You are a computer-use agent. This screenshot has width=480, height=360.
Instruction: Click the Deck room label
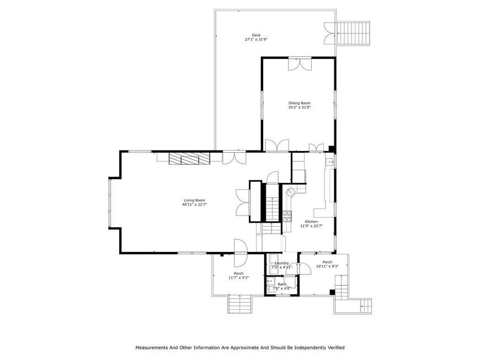[256, 35]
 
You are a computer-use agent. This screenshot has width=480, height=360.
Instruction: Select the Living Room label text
[194, 200]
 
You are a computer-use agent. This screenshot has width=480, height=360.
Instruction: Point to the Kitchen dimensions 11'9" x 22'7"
[311, 226]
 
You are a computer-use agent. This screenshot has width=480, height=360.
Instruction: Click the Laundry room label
[281, 263]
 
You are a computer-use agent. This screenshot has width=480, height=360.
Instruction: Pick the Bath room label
[281, 284]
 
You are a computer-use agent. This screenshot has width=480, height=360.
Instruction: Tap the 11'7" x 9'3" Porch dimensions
[239, 278]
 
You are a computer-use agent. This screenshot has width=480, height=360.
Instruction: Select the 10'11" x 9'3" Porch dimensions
[327, 266]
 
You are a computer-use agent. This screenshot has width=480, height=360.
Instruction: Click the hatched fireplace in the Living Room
[189, 158]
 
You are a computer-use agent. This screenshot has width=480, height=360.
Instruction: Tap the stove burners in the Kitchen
[287, 216]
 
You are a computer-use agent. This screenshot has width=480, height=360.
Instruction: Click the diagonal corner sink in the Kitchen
[290, 192]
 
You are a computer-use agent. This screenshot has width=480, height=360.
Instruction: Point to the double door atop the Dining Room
[300, 64]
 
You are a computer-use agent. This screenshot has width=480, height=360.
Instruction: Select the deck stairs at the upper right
[353, 33]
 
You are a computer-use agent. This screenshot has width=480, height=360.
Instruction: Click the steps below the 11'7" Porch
[239, 304]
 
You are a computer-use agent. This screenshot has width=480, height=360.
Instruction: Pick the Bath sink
[271, 281]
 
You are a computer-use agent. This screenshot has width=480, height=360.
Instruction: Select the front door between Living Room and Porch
[241, 252]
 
